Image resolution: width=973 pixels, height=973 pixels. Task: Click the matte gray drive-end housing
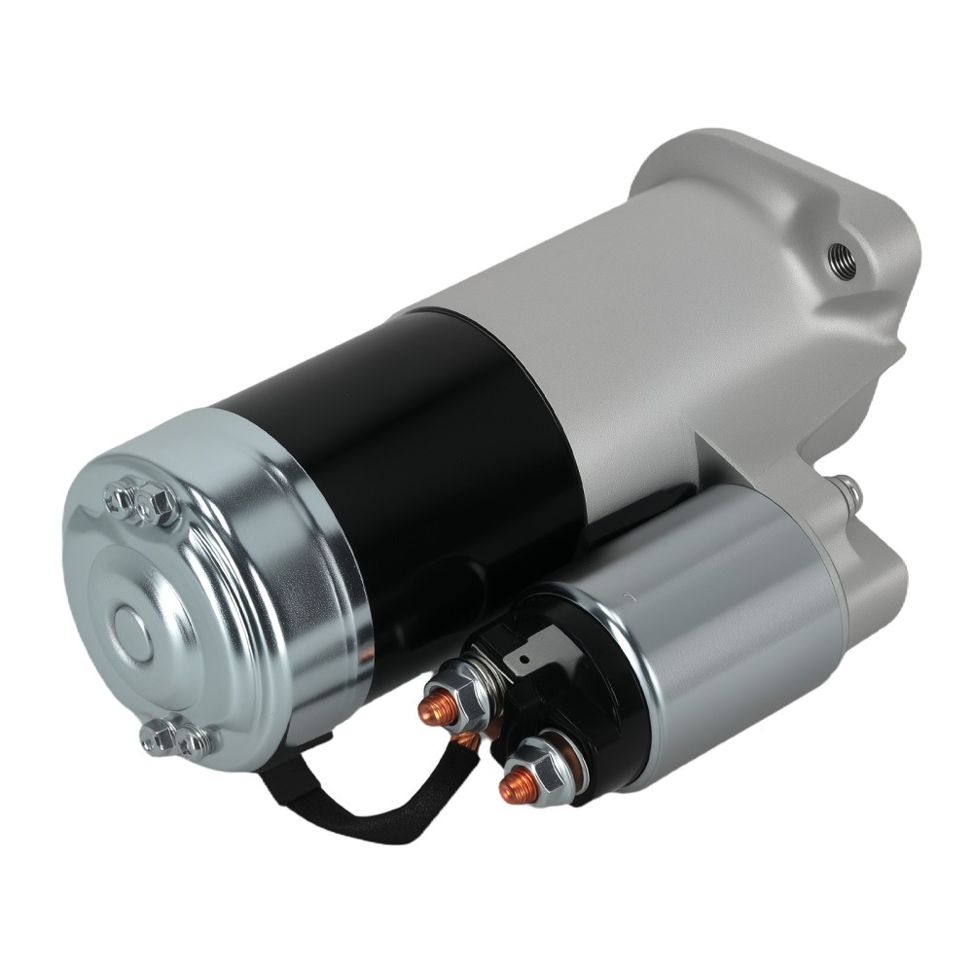pyautogui.click(x=701, y=321)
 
